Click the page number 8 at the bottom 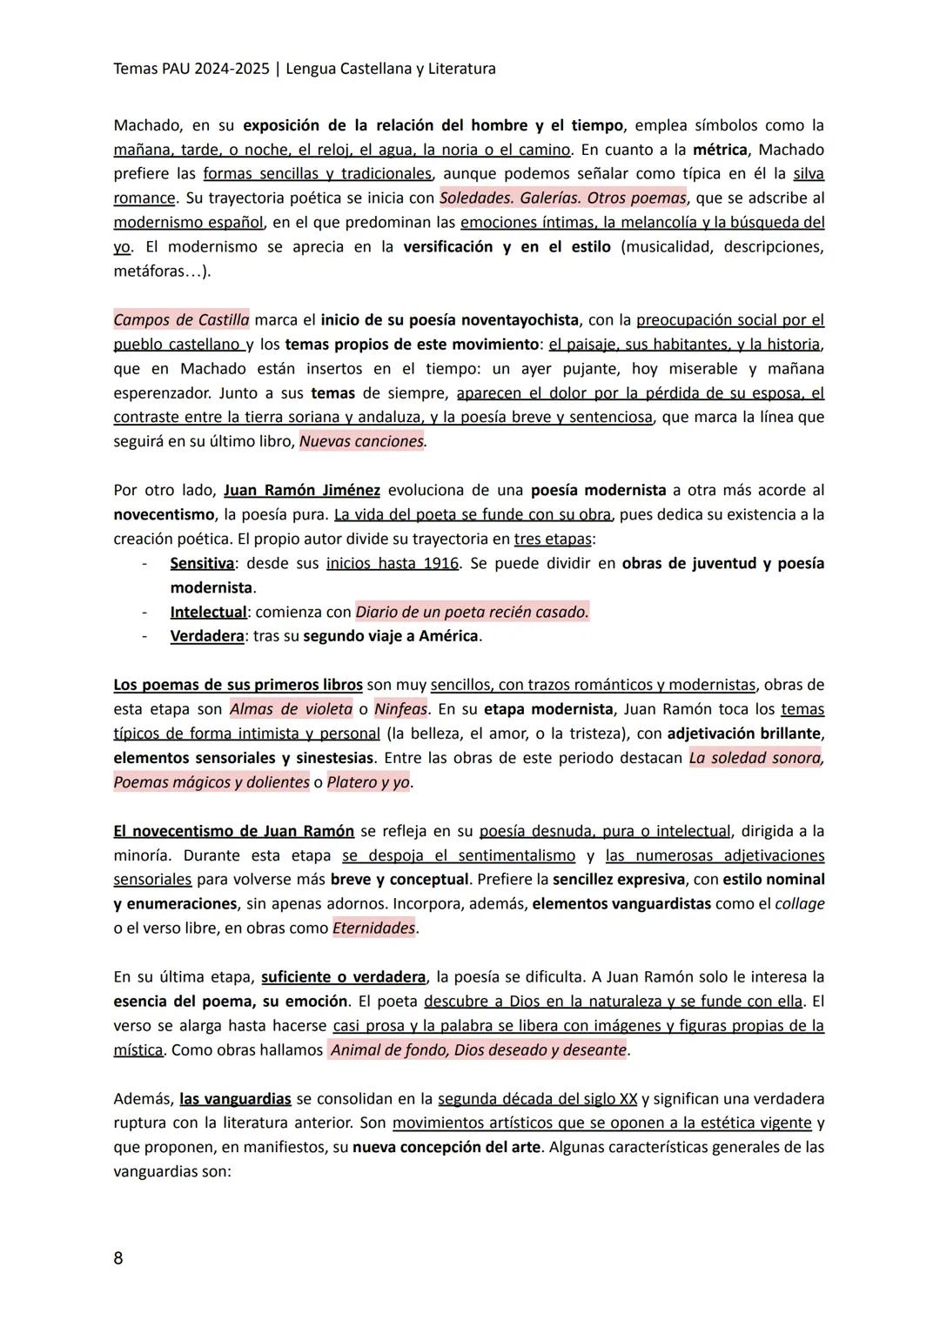[x=118, y=1258]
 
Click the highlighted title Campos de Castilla [x=181, y=319]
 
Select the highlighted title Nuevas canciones [x=362, y=441]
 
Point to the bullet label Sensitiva [x=202, y=563]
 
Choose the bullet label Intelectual [x=208, y=612]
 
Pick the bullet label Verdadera [x=207, y=636]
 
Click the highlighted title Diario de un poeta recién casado [x=472, y=612]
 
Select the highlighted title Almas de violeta [x=291, y=709]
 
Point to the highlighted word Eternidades [x=374, y=928]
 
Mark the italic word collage [x=799, y=904]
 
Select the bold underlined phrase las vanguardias [x=235, y=1099]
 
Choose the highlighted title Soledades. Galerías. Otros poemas [x=563, y=198]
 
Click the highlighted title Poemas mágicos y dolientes [x=211, y=782]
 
